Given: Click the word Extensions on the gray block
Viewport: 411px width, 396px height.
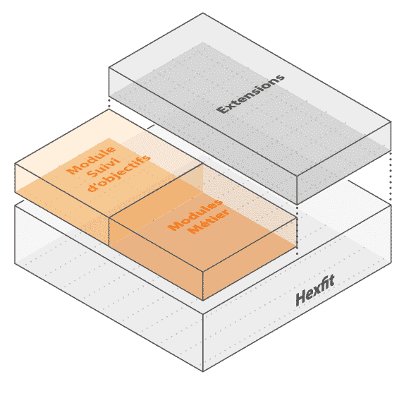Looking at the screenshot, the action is pyautogui.click(x=250, y=94).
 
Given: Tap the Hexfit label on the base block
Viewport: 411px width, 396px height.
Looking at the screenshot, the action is pyautogui.click(x=315, y=291).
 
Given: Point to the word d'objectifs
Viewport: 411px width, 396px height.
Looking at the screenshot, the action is pyautogui.click(x=118, y=174).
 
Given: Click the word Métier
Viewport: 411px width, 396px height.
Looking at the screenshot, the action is pyautogui.click(x=209, y=222).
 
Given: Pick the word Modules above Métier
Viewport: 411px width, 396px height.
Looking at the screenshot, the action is pyautogui.click(x=195, y=215).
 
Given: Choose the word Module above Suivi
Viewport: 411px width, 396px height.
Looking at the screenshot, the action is pyautogui.click(x=91, y=160).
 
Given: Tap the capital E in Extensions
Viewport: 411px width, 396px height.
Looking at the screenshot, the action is pyautogui.click(x=221, y=109).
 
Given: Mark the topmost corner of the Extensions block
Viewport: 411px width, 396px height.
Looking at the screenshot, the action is pyautogui.click(x=203, y=13).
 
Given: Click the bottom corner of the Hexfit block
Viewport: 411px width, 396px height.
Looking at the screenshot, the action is pyautogui.click(x=203, y=371).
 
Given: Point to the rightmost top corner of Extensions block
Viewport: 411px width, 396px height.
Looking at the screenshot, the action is pyautogui.click(x=391, y=122).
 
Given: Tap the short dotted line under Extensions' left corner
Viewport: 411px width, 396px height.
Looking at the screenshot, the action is pyautogui.click(x=109, y=103).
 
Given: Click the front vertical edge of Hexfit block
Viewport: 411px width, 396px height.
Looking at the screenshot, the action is pyautogui.click(x=203, y=342).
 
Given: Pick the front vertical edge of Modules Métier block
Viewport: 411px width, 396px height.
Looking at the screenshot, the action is pyautogui.click(x=203, y=285).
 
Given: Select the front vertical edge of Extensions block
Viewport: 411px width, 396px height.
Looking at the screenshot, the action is pyautogui.click(x=297, y=189).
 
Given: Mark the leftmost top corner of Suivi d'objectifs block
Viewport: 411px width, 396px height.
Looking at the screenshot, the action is pyautogui.click(x=15, y=164).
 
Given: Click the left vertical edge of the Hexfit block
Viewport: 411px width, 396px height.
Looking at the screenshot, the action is pyautogui.click(x=15, y=234).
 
